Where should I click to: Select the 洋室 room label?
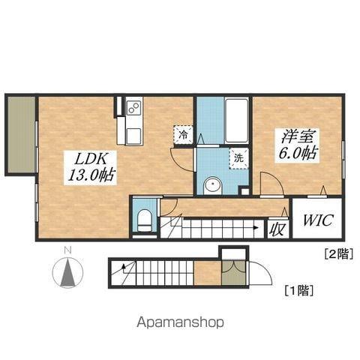pos(298,137)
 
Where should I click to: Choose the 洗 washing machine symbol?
pos(238,158)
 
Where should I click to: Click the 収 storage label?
pos(277,228)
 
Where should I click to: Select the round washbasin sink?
pos(212,184)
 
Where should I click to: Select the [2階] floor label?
pos(337,254)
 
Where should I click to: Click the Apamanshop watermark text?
pos(180,322)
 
